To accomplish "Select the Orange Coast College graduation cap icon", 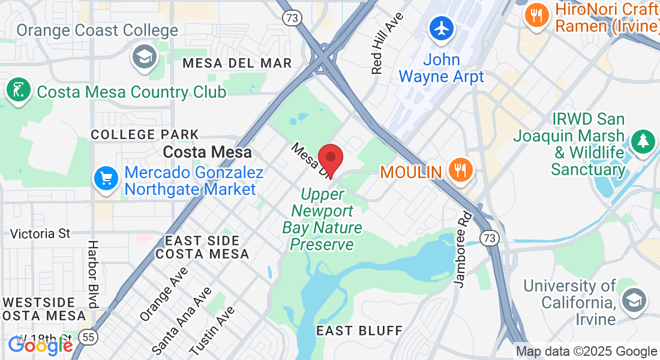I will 144,58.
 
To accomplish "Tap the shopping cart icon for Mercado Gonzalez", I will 106,178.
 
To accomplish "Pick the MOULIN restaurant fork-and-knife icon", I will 460,170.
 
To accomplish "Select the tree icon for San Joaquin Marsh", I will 643,142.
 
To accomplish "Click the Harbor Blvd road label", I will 93,274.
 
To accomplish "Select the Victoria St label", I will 41,233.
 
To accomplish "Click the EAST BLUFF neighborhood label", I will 359,331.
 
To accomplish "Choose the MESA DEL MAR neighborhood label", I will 237,63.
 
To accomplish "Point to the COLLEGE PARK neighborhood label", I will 145,134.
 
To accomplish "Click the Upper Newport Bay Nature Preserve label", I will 322,220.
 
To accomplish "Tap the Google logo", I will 41,346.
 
